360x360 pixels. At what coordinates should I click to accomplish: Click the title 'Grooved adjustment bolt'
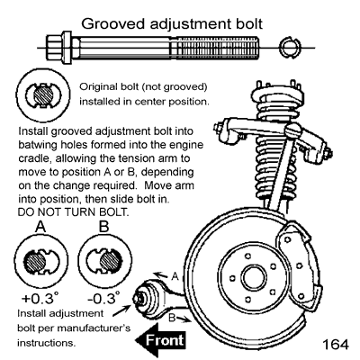(179, 19)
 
